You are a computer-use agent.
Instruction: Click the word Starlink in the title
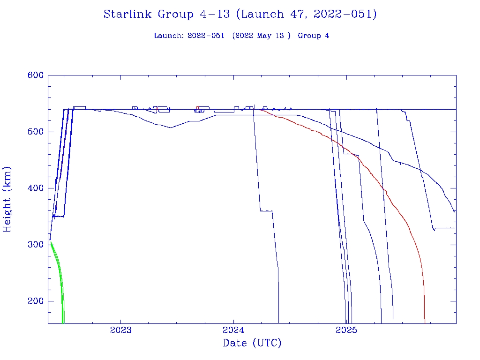(x=128, y=14)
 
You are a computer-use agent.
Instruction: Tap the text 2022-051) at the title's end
(x=345, y=14)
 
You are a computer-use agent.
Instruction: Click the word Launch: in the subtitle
(x=169, y=36)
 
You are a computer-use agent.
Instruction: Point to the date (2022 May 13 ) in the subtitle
(x=258, y=36)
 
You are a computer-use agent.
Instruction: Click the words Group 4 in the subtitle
(x=313, y=36)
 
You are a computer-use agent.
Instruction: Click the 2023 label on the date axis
(x=121, y=330)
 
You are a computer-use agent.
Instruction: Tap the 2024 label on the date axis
(x=234, y=330)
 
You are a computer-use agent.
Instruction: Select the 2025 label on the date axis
(x=347, y=330)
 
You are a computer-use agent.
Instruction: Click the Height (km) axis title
(x=7, y=199)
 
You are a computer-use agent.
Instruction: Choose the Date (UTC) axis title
(x=252, y=343)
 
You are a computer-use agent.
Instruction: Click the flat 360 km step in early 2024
(x=266, y=211)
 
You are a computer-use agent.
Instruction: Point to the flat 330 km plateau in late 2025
(x=445, y=228)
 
